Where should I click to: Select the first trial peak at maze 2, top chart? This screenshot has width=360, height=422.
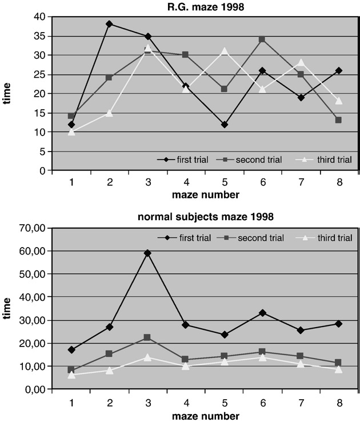point(109,24)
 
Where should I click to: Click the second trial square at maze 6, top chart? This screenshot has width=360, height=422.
point(261,39)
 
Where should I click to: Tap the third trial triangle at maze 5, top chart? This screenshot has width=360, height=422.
point(223,51)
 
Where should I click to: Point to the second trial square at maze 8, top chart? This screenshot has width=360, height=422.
point(338,120)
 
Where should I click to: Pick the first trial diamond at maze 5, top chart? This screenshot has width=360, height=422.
point(223,124)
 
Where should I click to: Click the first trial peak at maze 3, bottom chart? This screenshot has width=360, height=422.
point(147,253)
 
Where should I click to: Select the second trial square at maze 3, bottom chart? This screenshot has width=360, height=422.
point(147,337)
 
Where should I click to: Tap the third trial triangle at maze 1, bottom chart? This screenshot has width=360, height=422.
point(71,375)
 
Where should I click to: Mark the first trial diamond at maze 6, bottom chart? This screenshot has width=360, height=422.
point(261,313)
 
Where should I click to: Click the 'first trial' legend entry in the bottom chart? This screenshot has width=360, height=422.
point(183,237)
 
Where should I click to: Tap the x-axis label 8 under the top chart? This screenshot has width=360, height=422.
point(338,181)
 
